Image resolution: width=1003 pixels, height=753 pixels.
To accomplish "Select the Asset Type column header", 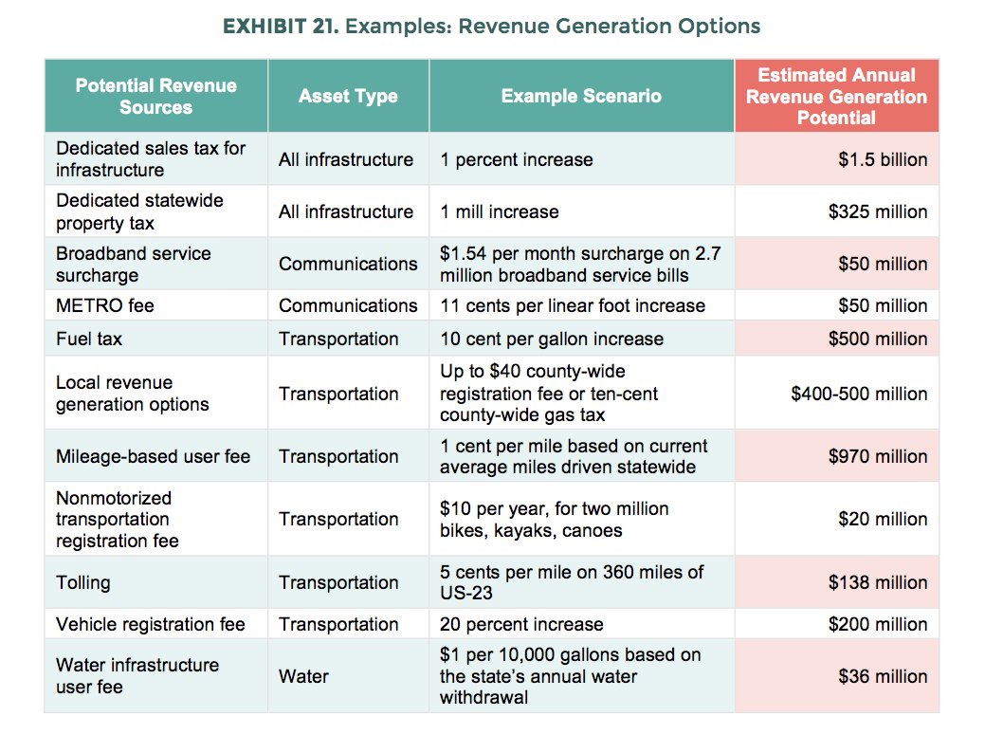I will coord(348,96).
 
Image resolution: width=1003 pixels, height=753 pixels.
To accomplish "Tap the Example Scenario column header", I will coord(581,96).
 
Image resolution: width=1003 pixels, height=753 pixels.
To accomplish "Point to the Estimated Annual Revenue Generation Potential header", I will coord(836,96).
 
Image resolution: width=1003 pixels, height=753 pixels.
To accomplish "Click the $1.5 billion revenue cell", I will coord(883,159).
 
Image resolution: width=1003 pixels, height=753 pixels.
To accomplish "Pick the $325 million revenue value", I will coord(878,211).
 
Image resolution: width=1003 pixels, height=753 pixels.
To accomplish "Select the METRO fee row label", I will coord(105,305).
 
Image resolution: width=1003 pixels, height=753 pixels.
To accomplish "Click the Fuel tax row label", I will coord(89,339).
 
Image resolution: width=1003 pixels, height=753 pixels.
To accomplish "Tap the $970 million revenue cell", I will coord(878,456).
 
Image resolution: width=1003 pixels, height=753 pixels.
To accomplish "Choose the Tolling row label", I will coord(83,582).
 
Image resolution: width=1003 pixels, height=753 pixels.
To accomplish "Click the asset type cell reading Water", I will coord(303,676).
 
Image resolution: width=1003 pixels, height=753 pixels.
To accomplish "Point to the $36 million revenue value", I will coord(883,676).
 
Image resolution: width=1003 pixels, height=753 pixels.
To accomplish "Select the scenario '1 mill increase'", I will coord(500,211).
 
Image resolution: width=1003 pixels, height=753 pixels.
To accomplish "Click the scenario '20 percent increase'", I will coord(521,624).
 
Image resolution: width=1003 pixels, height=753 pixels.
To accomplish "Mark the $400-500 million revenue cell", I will coord(859,394).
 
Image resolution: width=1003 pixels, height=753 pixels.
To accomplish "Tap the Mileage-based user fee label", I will coord(153,456).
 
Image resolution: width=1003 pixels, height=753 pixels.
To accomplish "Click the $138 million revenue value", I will coord(878,582).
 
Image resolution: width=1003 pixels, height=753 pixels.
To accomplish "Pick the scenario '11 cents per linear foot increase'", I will coord(573,305).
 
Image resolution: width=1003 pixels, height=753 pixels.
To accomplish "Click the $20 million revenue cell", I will coord(883,519).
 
